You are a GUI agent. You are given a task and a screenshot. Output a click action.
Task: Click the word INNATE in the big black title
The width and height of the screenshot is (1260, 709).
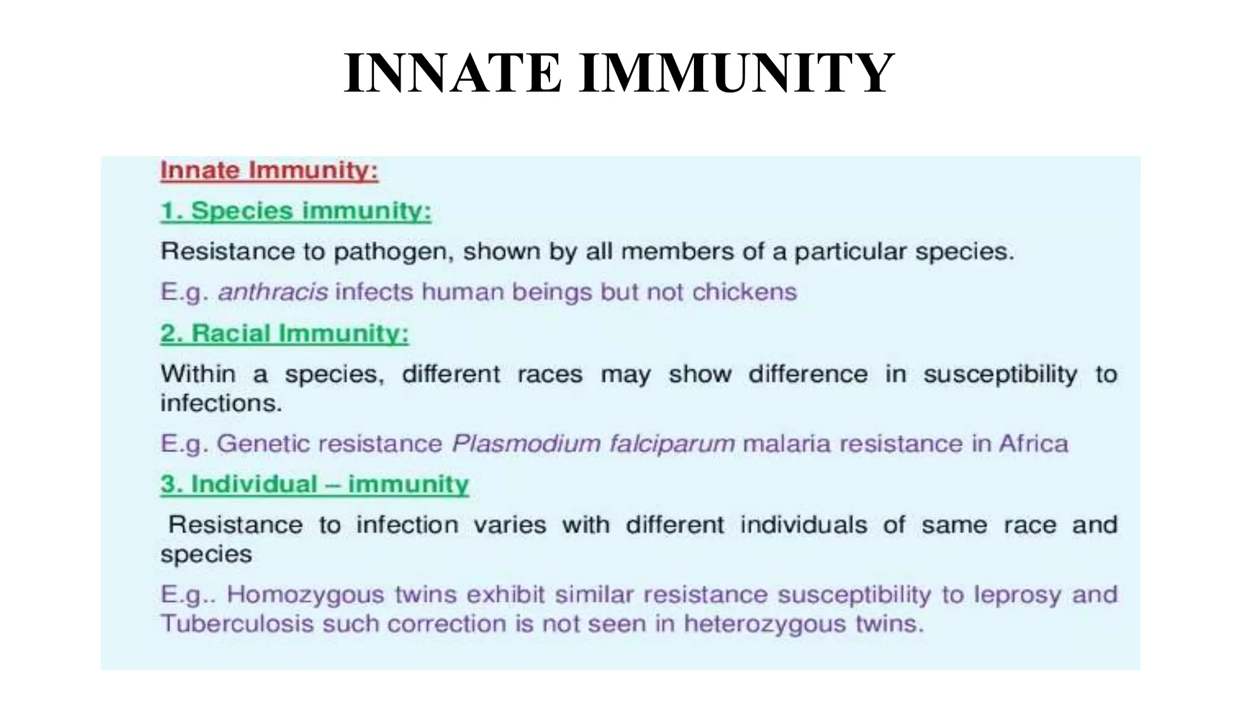point(452,74)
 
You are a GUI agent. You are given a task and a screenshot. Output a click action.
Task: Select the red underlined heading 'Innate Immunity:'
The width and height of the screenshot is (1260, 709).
point(269,170)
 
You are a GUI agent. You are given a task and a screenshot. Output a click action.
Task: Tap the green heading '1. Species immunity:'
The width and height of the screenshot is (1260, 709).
point(295,211)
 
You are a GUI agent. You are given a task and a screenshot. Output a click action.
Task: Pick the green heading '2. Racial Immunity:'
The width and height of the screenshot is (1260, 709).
point(284,334)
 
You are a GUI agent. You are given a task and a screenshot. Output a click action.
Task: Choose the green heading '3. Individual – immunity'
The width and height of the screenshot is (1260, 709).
point(314,484)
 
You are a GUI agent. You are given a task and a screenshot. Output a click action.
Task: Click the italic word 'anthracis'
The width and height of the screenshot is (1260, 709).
point(273,292)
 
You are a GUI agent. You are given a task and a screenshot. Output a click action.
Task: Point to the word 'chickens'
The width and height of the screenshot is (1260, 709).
point(744,292)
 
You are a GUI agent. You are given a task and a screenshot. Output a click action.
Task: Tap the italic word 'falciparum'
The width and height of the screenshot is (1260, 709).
point(672,444)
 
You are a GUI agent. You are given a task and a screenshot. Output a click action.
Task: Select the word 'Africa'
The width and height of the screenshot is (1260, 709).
point(1034,444)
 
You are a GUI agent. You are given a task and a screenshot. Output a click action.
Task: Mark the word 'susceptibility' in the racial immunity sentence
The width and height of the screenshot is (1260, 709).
point(1000,374)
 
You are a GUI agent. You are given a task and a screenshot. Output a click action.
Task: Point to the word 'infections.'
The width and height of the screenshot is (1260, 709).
point(221,403)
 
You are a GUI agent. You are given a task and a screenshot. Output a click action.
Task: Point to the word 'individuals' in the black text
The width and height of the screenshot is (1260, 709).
point(803,525)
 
